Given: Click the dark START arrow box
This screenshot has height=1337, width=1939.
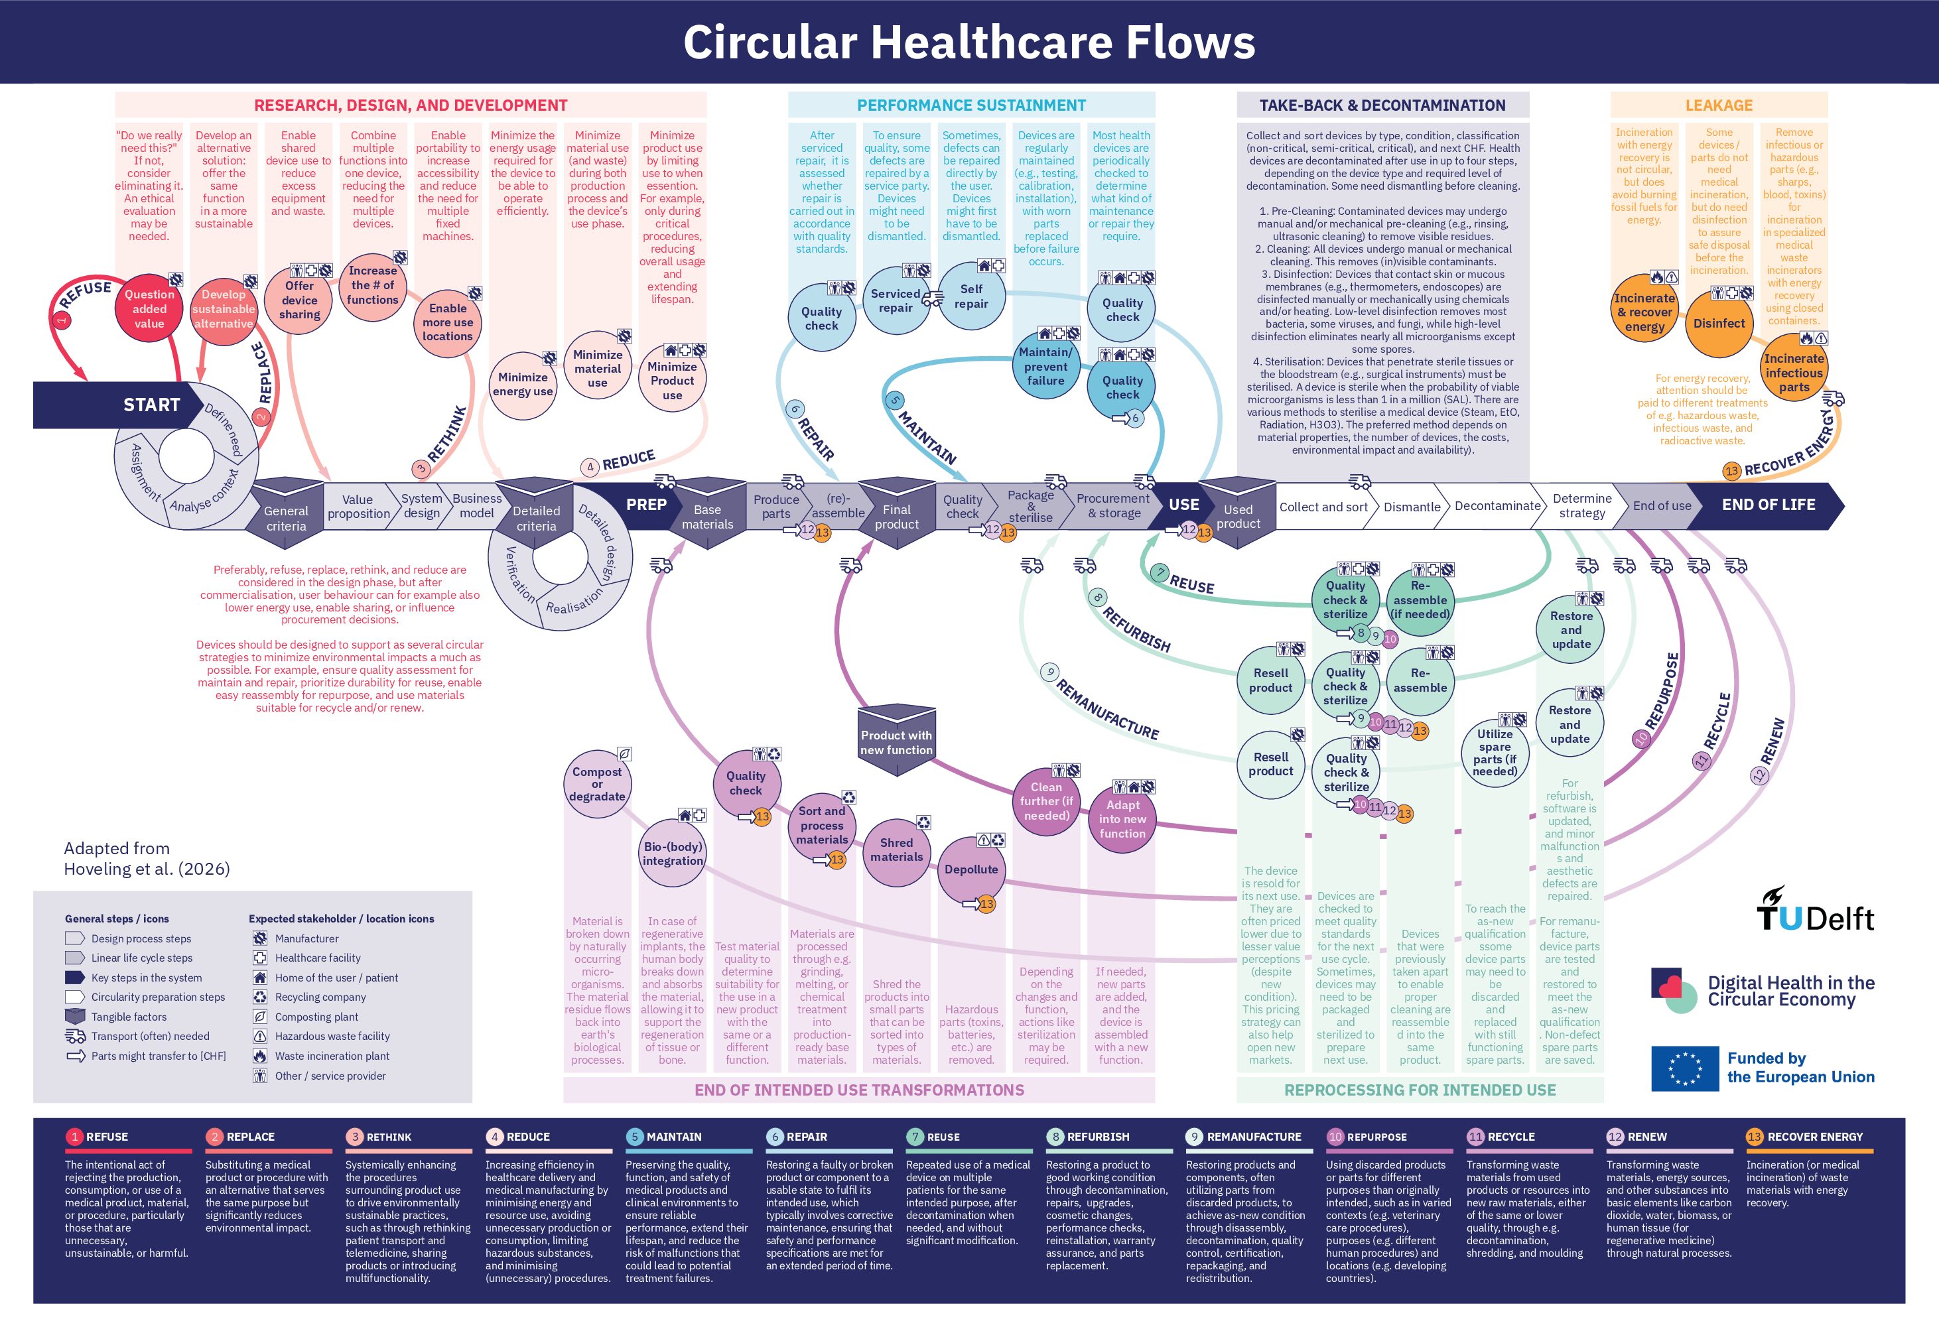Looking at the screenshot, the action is point(117,405).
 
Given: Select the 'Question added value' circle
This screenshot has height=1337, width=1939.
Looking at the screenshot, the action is point(149,308).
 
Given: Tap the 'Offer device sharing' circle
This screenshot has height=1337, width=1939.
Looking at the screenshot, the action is point(299,300).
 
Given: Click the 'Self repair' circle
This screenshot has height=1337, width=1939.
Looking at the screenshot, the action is point(971,296).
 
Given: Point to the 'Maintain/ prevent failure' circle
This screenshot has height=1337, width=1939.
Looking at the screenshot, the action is point(1045,366).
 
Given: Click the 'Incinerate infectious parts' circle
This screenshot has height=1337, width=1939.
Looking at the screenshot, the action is point(1793,373).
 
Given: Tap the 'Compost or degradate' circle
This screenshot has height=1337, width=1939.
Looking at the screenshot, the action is point(596,784).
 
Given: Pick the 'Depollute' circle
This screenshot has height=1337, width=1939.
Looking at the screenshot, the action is point(971,869).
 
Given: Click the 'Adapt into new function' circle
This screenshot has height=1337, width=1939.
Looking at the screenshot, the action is point(1122,818).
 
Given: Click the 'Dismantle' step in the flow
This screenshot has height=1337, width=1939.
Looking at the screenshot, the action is point(1412,507).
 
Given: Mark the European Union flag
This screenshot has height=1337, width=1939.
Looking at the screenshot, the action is point(1684,1068).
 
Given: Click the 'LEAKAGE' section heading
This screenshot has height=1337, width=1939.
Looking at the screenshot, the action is point(1719,105).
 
